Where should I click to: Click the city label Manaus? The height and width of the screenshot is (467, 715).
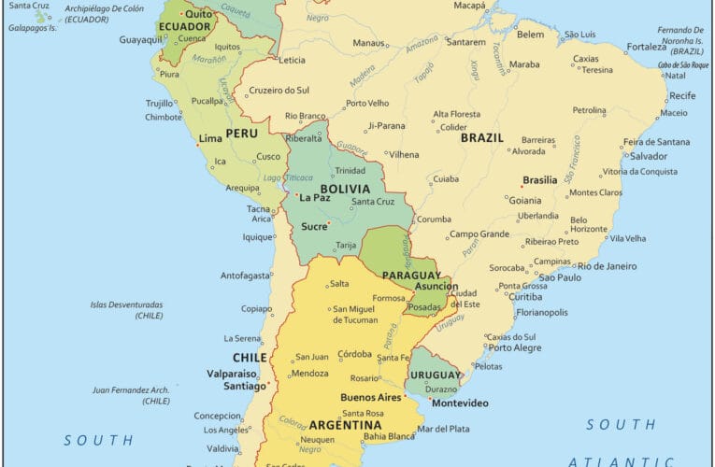pos(369,43)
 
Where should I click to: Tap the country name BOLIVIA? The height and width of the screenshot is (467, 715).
pos(344,188)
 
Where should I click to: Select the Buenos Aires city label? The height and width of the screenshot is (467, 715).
pos(371,397)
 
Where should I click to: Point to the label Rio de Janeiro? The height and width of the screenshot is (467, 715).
pos(607,266)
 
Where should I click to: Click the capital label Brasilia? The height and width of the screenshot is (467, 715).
pos(539,180)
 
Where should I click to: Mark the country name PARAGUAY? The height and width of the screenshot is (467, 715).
pos(411,276)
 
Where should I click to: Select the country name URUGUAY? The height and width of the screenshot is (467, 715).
pos(435,375)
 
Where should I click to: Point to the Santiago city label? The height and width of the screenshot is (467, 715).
pos(243,386)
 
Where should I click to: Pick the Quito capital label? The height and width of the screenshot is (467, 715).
pos(198,14)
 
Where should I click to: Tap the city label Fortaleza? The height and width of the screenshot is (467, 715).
pos(647,47)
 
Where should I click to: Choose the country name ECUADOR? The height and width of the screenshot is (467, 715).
pos(183,26)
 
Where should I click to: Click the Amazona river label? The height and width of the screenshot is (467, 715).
pos(422,41)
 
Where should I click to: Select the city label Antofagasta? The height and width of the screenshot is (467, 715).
pos(246,276)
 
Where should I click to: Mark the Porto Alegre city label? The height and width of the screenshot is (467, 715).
pos(514,348)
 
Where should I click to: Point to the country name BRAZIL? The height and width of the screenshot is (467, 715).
pos(481,137)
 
